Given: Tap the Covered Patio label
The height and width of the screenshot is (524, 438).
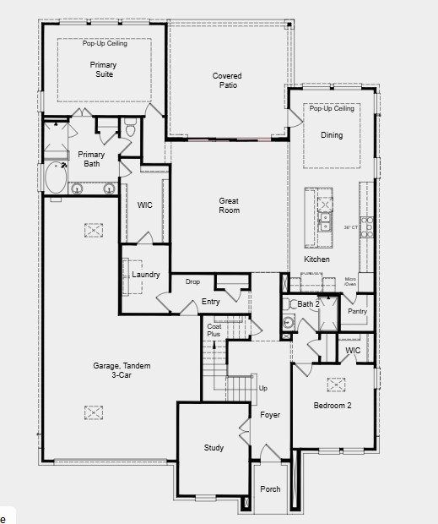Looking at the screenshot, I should point(227,80).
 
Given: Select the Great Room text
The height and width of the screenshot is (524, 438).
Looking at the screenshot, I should point(229,205).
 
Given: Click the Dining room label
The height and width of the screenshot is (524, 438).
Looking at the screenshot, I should point(332,135).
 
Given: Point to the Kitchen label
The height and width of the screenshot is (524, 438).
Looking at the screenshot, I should point(316,259).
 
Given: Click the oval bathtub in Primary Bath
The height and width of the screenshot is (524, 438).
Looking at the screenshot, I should point(57,178).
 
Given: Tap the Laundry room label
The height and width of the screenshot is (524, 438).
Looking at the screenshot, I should point(146,275).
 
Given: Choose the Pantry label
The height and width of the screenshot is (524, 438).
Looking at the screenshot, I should point(358,311).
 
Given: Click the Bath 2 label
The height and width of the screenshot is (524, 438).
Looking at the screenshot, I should point(309,303).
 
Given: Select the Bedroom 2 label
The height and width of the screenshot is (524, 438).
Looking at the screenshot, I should point(333,406).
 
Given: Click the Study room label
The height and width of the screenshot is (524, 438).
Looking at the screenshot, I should point(214,448).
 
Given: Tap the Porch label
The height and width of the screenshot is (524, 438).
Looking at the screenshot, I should point(270,489).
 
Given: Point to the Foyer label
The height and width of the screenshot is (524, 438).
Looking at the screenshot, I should point(270,415).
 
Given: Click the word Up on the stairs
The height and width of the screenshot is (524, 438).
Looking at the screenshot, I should point(262,388).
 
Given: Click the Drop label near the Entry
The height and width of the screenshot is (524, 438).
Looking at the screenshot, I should point(192,281).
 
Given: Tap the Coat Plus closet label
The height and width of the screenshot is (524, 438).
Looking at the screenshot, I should point(214,330).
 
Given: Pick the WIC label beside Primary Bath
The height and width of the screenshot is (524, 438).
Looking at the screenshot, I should point(144,205).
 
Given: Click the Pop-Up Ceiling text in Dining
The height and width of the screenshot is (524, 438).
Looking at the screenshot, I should point(332,109).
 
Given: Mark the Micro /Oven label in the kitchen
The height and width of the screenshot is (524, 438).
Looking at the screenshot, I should point(350,282).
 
